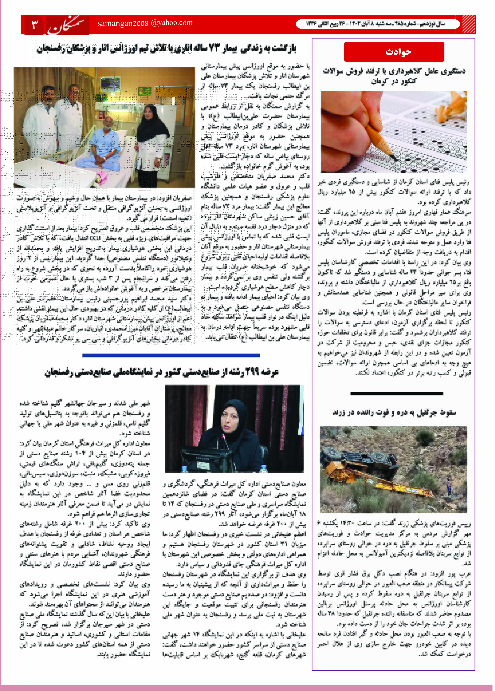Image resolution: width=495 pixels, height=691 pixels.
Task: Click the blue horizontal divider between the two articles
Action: (171, 355)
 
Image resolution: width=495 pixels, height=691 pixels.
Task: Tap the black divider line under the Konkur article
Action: (396, 394)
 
